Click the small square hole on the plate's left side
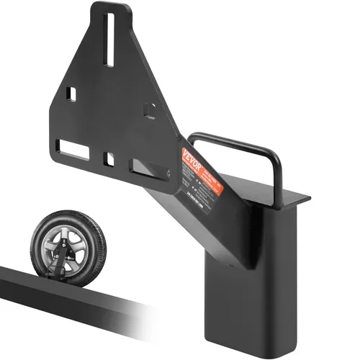[x=72, y=94]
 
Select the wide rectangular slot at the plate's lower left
[x=73, y=149]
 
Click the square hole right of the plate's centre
[x=148, y=109]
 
